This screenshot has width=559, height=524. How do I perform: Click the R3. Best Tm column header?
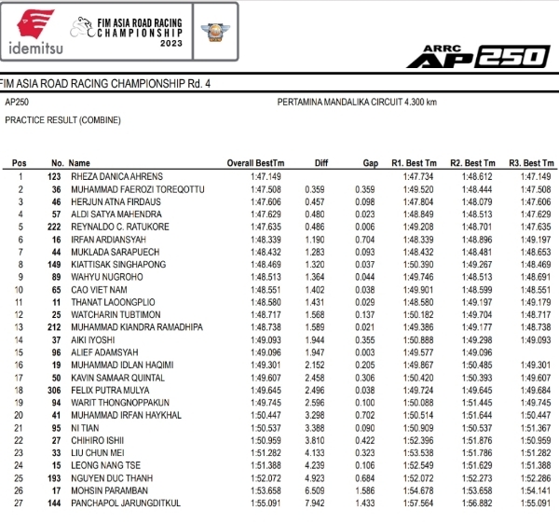532,163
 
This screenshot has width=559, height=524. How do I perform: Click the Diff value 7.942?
315,504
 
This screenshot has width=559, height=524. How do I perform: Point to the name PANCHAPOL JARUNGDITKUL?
124,504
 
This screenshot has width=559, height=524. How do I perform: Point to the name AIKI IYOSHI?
92,340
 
